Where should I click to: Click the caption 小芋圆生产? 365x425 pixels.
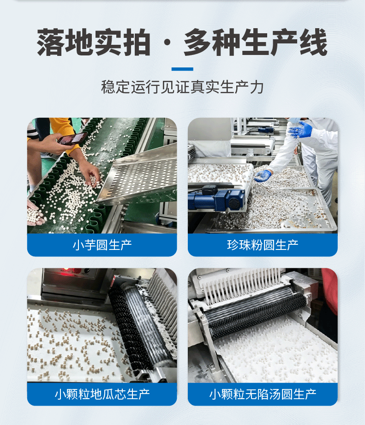click(102, 245)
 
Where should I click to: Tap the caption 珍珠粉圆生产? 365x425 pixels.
click(263, 245)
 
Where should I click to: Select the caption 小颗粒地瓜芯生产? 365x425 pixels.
click(102, 394)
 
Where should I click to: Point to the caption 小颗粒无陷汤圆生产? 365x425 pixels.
click(263, 394)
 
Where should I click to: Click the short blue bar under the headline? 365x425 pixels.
click(182, 69)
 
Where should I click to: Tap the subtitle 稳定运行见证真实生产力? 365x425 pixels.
click(182, 87)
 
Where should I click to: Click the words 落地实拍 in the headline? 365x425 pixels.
click(94, 42)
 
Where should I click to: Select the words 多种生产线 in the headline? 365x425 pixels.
click(256, 42)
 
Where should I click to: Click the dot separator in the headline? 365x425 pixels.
click(168, 43)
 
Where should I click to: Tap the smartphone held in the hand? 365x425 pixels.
click(72, 138)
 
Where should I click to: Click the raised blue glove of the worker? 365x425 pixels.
click(300, 129)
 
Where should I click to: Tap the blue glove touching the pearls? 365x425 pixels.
click(263, 176)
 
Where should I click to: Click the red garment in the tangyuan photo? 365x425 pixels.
click(329, 290)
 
